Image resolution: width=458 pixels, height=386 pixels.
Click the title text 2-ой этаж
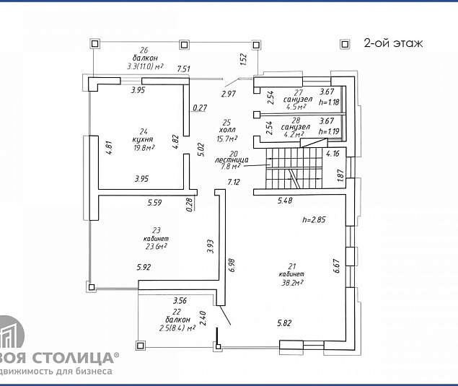(x=392, y=43)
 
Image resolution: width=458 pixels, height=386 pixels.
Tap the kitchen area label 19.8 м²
(x=144, y=148)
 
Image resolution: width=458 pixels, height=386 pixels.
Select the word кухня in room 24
(x=144, y=139)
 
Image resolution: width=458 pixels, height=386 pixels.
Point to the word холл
(x=227, y=130)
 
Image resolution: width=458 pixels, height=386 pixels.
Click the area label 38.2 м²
(x=291, y=283)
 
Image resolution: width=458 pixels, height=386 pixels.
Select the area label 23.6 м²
(x=156, y=245)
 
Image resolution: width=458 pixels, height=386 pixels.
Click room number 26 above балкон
(x=144, y=50)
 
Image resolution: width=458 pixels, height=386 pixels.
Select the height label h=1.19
(x=327, y=132)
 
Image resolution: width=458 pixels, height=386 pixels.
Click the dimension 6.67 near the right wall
(x=335, y=266)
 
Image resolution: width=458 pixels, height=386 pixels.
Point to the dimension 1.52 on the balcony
(x=243, y=58)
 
